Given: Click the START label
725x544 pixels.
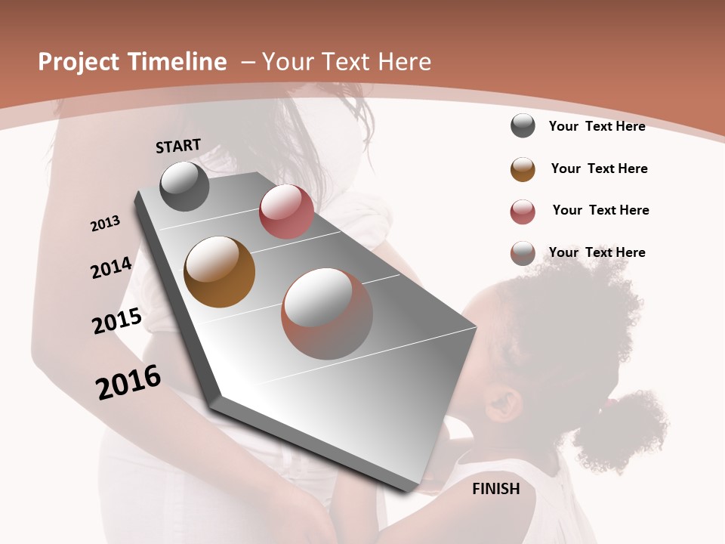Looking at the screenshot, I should pyautogui.click(x=178, y=146).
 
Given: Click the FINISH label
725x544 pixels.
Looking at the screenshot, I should pyautogui.click(x=495, y=489).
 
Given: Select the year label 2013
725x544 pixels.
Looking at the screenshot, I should pyautogui.click(x=105, y=224).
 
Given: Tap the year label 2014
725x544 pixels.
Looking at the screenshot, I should pyautogui.click(x=111, y=268).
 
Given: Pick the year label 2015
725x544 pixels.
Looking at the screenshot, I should pyautogui.click(x=117, y=321).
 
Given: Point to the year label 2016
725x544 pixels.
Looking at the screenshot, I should pyautogui.click(x=128, y=382).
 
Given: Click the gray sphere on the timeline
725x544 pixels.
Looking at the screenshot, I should pyautogui.click(x=184, y=186).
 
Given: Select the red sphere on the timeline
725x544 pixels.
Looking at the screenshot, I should pyautogui.click(x=286, y=212).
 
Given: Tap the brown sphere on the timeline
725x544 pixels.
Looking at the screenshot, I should pyautogui.click(x=220, y=272).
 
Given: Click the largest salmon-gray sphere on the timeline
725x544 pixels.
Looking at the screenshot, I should pyautogui.click(x=327, y=314).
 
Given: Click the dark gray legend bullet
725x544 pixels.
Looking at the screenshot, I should pyautogui.click(x=523, y=126).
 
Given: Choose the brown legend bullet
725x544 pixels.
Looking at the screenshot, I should pyautogui.click(x=523, y=169).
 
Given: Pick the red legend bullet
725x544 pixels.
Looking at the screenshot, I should pyautogui.click(x=523, y=212).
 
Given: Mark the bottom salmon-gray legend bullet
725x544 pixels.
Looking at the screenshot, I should pyautogui.click(x=523, y=254).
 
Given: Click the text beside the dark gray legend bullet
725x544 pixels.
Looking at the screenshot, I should pyautogui.click(x=597, y=126).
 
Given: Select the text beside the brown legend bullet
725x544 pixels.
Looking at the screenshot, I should pyautogui.click(x=599, y=168).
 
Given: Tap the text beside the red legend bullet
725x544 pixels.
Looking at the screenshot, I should pyautogui.click(x=600, y=210).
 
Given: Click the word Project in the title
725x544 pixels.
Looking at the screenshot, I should pyautogui.click(x=79, y=62).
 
